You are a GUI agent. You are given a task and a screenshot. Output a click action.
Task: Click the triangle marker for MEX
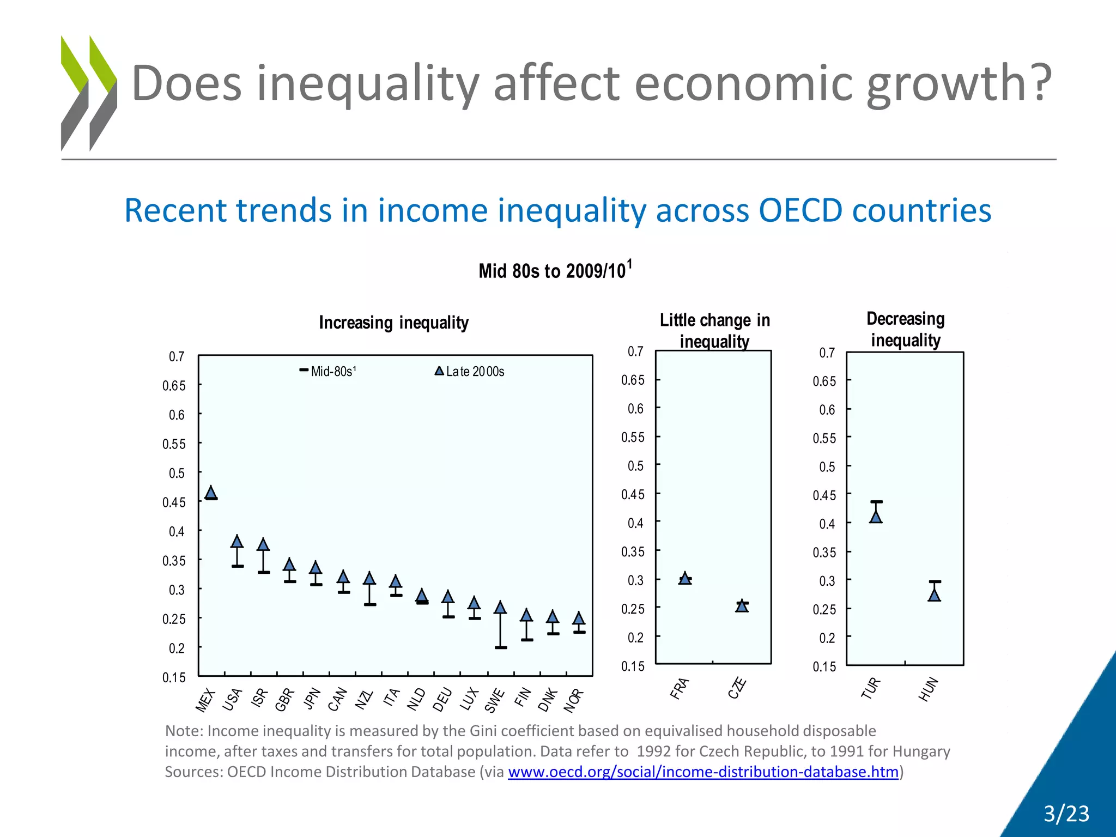click(211, 493)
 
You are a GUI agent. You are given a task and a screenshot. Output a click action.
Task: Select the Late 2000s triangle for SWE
click(500, 608)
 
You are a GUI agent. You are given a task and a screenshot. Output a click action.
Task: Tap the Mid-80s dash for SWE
click(501, 647)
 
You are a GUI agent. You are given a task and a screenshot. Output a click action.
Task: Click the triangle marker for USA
click(237, 542)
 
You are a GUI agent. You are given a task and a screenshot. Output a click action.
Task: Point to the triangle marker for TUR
click(876, 517)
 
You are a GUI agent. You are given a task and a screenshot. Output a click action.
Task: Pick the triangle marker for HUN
click(935, 595)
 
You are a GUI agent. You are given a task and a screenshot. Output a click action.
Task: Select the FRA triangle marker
click(685, 578)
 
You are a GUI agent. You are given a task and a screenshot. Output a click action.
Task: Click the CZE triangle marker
click(742, 606)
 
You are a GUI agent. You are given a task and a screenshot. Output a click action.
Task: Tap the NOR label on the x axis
click(574, 701)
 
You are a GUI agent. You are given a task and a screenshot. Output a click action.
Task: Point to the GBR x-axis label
click(284, 700)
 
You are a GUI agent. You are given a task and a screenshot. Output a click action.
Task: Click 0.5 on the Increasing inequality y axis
click(177, 473)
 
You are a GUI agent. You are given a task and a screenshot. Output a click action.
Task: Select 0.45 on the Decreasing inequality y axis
click(824, 495)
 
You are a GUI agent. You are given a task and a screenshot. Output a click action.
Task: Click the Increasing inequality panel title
click(393, 323)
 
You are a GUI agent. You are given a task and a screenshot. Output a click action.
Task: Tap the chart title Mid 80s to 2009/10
click(555, 271)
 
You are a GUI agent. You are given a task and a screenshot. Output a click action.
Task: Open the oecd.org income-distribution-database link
click(703, 772)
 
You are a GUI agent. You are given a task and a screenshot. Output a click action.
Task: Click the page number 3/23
click(1066, 814)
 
